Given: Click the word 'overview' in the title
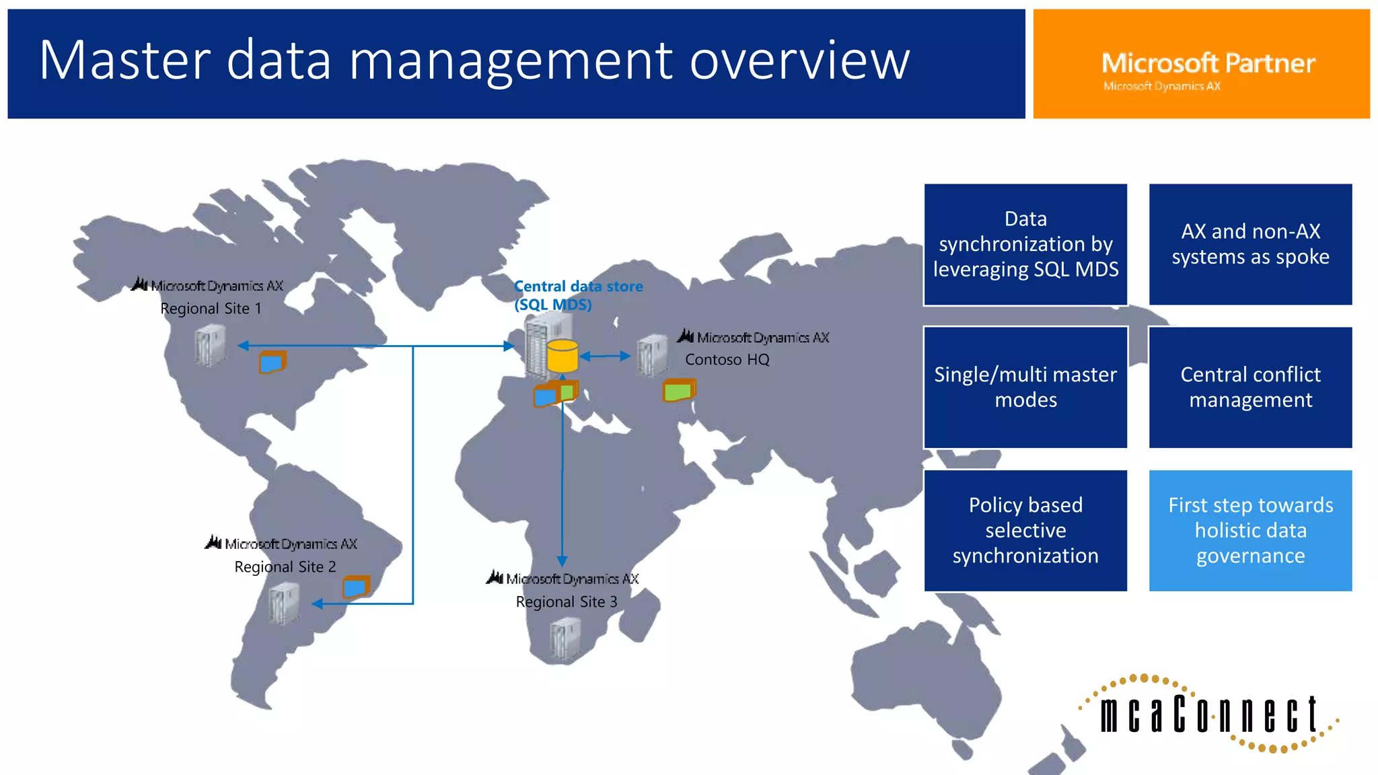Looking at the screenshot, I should tap(799, 61).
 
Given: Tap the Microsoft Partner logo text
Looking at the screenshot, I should tap(1208, 64).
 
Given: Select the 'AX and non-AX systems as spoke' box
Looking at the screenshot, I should tap(1250, 244).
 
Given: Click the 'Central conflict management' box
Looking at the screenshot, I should tap(1250, 387).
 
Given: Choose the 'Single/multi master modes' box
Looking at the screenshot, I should tap(1025, 387).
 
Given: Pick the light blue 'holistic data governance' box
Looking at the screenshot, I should tap(1250, 531).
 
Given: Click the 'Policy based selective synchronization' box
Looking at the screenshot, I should tap(1025, 531).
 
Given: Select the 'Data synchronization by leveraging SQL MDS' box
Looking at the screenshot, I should tap(1025, 244).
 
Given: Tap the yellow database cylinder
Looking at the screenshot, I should tap(563, 357).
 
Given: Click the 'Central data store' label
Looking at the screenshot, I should tap(578, 287).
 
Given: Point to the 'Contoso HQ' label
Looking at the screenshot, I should tap(727, 360).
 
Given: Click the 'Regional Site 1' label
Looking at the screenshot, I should tap(211, 309).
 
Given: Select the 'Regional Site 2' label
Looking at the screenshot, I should tap(285, 567).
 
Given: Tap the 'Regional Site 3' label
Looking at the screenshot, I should tap(566, 602).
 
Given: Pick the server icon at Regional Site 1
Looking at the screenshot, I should tap(210, 345).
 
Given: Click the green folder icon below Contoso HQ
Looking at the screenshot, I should tap(679, 390).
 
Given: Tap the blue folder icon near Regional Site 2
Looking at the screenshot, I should tap(356, 587).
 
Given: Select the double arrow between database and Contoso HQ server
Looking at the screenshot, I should tap(605, 356).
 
